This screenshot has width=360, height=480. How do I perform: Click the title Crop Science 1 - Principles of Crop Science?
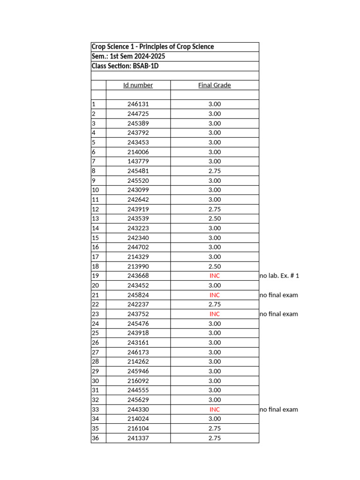click(153, 47)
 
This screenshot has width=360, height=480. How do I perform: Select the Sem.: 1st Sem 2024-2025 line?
click(128, 56)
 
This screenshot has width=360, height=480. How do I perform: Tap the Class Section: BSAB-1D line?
click(125, 66)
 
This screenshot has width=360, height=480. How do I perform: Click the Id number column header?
click(138, 85)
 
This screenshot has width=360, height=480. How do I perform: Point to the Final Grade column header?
click(214, 85)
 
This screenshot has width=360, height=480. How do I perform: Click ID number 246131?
click(138, 104)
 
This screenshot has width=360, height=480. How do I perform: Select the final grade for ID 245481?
click(214, 171)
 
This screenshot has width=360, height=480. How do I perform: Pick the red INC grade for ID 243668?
click(214, 276)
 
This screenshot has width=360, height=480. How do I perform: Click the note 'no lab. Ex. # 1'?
click(279, 276)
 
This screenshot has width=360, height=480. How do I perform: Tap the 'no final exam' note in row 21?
click(278, 295)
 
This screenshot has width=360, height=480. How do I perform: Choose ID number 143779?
click(138, 161)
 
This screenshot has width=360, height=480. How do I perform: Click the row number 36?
click(96, 438)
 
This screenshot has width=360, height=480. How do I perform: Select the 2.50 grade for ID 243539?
click(214, 218)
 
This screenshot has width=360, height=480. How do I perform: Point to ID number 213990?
click(138, 266)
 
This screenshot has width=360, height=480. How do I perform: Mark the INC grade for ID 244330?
click(214, 409)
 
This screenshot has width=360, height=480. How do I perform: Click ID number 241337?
click(138, 438)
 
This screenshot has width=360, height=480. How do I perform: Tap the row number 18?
click(96, 266)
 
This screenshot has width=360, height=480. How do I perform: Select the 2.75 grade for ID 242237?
click(214, 304)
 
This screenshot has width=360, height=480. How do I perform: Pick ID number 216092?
click(138, 381)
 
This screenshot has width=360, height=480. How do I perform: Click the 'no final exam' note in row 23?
click(278, 314)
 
